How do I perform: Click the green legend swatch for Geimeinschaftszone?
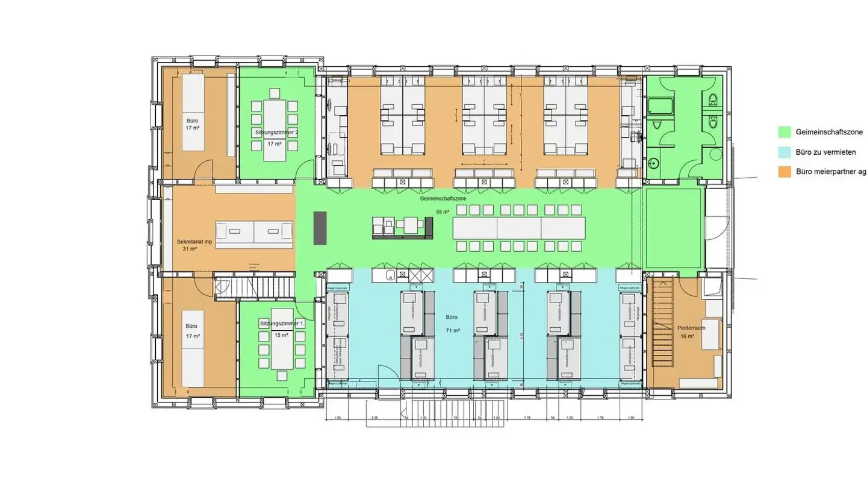pyautogui.click(x=784, y=132)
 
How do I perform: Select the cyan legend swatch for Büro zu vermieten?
pyautogui.click(x=784, y=152)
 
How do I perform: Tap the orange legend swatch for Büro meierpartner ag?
pyautogui.click(x=784, y=172)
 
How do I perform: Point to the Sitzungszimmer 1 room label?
pyautogui.click(x=282, y=324)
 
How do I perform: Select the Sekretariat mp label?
pyautogui.click(x=194, y=242)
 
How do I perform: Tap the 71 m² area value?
pyautogui.click(x=453, y=331)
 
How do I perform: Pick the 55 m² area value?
pyautogui.click(x=443, y=212)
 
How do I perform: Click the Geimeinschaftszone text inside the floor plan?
pyautogui.click(x=438, y=198)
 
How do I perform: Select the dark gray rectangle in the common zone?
pyautogui.click(x=319, y=228)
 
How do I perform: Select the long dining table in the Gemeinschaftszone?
pyautogui.click(x=518, y=228)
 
